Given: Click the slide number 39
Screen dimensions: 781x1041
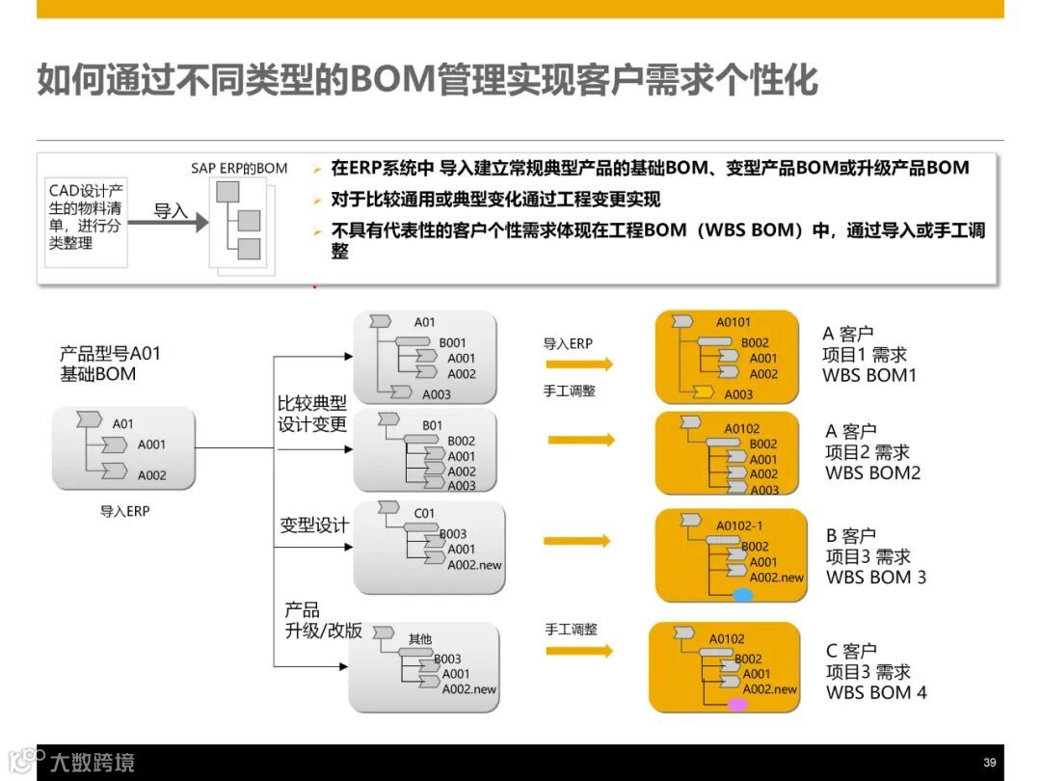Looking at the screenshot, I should pos(989,762).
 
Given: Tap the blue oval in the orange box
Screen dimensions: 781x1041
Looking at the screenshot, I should pos(742,595).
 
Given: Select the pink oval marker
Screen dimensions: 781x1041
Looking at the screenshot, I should pos(737,705).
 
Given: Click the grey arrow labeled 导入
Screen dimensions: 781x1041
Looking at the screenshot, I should pos(168,221).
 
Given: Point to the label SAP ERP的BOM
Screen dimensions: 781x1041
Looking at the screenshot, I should pos(239,168).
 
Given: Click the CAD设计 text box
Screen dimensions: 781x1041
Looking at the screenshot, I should pos(86,217).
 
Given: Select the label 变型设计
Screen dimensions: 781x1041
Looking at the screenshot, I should pos(314,525).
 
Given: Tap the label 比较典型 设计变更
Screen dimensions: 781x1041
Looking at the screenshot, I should pos(312,413).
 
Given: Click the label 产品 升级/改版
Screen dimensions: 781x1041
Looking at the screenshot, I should pos(322,620).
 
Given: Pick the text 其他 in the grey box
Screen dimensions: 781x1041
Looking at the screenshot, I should pos(420,638).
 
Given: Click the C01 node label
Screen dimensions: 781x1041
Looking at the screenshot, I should pos(424,513).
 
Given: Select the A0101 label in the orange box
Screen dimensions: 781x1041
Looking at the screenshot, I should pos(733,322).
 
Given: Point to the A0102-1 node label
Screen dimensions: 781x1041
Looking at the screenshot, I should pos(739,525).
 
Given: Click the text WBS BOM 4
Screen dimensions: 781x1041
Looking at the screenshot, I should pos(875,692).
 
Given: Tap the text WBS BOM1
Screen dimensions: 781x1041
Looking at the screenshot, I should pos(869,375).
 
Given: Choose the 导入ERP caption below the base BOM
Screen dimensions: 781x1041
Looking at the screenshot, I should pos(125,512).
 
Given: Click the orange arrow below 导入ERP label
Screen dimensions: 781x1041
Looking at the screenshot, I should pos(579,364).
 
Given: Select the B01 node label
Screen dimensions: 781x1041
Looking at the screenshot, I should pos(433,425).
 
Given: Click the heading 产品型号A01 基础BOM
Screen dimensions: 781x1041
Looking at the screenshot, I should pos(110,364).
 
